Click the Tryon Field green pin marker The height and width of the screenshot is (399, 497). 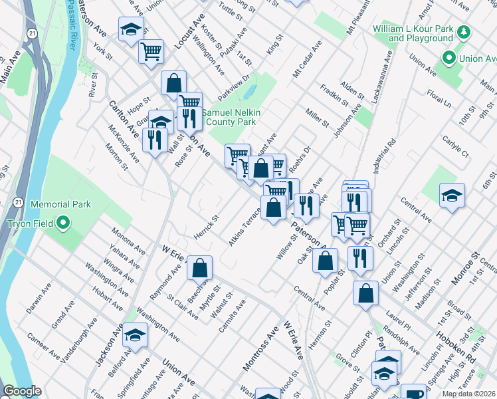click(64, 223)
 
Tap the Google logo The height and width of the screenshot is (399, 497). click(22, 391)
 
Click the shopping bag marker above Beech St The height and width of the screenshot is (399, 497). click(199, 269)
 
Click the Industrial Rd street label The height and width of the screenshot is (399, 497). click(385, 156)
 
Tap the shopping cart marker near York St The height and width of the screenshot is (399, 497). click(151, 51)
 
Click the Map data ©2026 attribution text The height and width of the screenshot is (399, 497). click(468, 394)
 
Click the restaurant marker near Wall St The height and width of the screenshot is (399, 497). click(153, 141)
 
